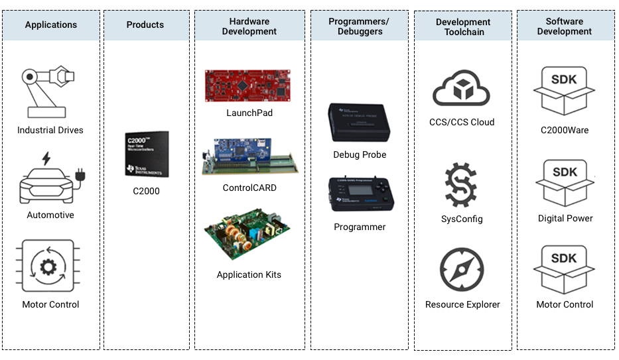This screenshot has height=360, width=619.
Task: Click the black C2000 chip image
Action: click(x=147, y=154)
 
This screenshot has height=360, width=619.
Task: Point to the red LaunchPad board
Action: click(x=249, y=86)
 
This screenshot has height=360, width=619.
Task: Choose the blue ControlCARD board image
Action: click(x=249, y=157)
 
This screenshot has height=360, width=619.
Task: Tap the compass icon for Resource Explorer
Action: click(x=462, y=269)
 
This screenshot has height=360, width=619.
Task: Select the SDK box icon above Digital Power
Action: click(x=564, y=183)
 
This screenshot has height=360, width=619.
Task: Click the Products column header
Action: click(x=145, y=25)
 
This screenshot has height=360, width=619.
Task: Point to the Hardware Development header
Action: click(x=249, y=27)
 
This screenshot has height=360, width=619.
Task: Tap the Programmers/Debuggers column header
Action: click(x=359, y=27)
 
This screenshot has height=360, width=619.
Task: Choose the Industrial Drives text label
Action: click(x=50, y=131)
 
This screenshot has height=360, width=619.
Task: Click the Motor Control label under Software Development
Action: click(x=565, y=305)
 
